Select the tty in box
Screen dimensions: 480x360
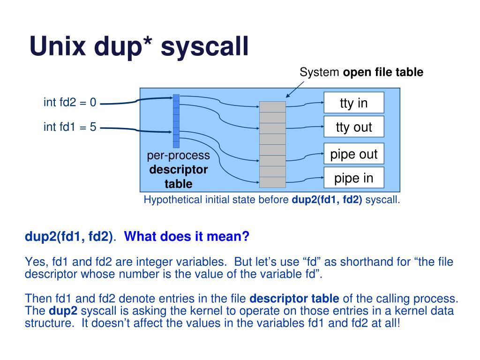[x=353, y=103]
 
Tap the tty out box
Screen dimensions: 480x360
[x=353, y=127]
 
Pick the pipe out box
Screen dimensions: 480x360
[x=353, y=154]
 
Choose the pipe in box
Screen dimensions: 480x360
[x=353, y=178]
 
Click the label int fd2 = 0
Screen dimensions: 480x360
[x=70, y=102]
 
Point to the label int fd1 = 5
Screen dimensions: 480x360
[x=70, y=126]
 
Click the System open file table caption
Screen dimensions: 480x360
[x=361, y=72]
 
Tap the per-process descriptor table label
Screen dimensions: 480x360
[x=178, y=169]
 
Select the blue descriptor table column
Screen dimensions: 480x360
[x=176, y=121]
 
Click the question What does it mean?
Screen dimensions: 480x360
[x=187, y=237]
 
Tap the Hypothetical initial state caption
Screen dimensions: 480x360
[x=271, y=200]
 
